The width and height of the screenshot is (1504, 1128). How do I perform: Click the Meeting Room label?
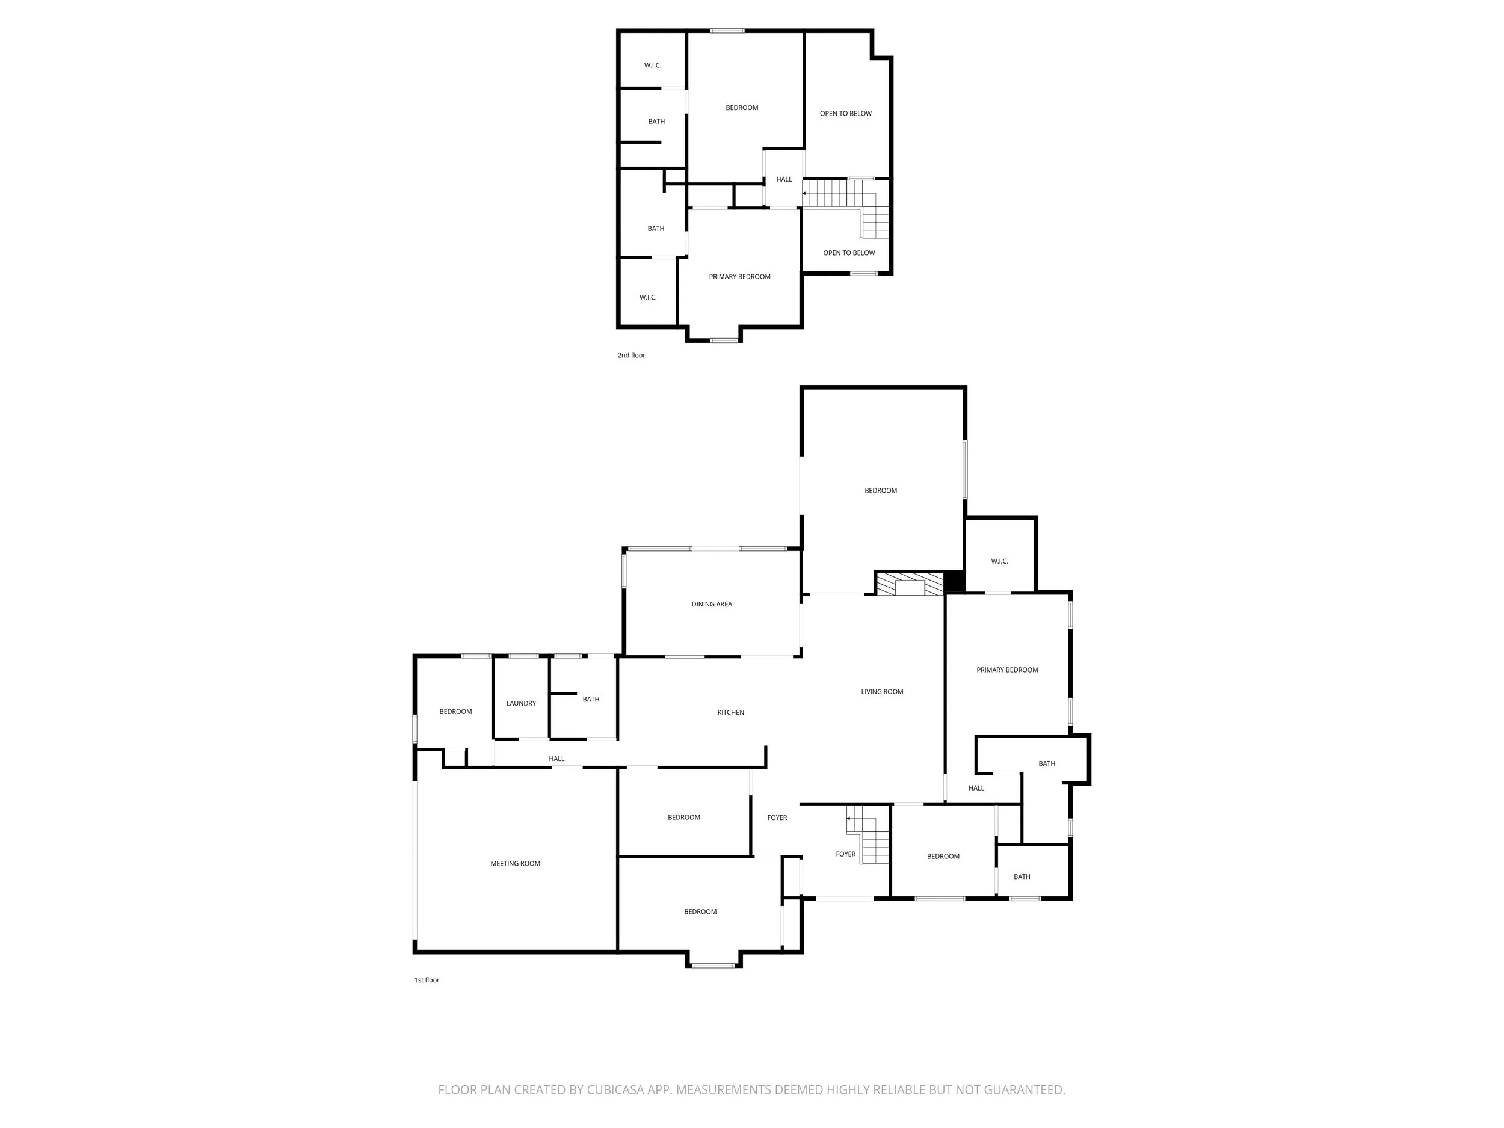pos(515,863)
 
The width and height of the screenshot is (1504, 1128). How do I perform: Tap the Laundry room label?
pos(521,703)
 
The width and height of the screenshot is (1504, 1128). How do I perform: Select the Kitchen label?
pos(730,712)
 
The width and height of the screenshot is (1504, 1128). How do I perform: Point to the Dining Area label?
pos(711,604)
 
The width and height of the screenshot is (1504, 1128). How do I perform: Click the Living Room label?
pos(882,691)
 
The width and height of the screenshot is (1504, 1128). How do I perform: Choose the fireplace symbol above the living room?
pos(909,584)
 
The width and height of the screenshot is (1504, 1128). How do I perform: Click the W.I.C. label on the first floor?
pos(999,561)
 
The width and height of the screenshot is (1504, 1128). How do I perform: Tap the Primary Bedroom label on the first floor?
pos(1006,670)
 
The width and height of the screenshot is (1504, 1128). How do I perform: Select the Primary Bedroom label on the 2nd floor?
pos(739,277)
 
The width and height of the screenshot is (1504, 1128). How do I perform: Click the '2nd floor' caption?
pos(631,355)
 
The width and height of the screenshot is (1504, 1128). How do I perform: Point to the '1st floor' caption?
pos(427,980)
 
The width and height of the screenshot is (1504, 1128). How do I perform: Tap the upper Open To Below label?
pos(845,114)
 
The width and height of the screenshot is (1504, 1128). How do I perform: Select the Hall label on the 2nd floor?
pos(783,179)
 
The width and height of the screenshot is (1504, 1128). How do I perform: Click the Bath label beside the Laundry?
pos(590,699)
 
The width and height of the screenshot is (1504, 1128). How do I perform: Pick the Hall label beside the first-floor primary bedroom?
pos(976,788)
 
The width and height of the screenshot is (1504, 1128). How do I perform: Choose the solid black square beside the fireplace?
pos(955,582)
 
